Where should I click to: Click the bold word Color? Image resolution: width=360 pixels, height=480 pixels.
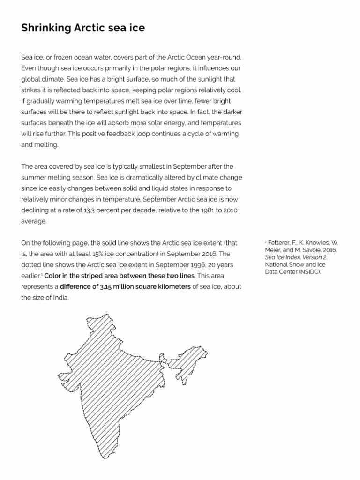coord(53,276)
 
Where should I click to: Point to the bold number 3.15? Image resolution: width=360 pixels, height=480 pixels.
coord(106,286)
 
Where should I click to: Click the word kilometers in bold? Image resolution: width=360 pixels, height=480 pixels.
coord(170,286)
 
